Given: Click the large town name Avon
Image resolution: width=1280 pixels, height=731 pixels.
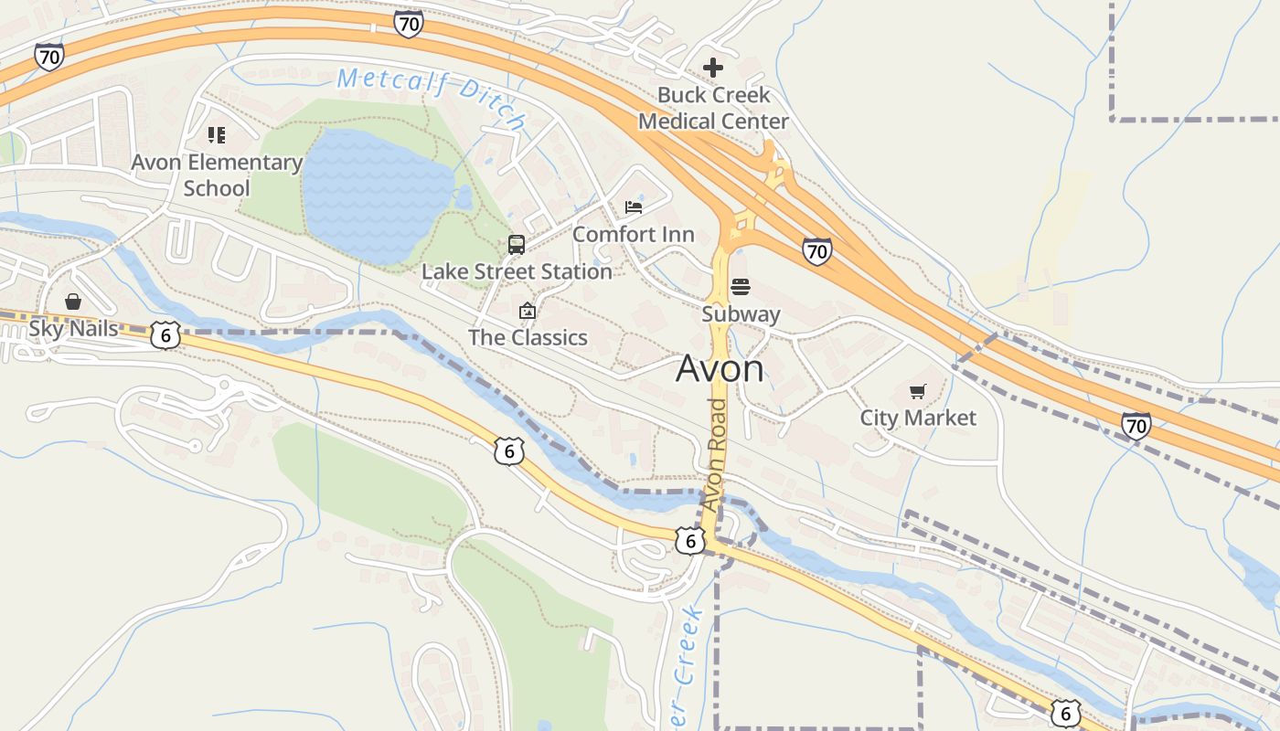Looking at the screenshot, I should click(x=720, y=368).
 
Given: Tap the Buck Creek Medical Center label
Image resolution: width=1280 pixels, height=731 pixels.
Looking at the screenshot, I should click(x=713, y=108).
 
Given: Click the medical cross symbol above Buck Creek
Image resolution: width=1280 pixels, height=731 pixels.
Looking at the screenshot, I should click(x=713, y=68).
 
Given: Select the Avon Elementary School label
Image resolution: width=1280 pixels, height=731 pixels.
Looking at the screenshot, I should click(x=217, y=175).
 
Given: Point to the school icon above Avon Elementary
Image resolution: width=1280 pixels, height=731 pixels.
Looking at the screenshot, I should click(x=217, y=135).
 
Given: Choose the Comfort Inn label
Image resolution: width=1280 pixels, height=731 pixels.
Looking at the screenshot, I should click(x=634, y=235).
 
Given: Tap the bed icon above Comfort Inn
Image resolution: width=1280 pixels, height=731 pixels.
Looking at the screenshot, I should click(x=634, y=207).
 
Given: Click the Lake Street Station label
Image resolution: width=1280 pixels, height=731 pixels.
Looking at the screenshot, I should click(x=517, y=271).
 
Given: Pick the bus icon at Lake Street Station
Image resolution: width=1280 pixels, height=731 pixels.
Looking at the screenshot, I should click(x=517, y=244).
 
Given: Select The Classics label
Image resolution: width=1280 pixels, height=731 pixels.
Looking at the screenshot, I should click(x=528, y=337).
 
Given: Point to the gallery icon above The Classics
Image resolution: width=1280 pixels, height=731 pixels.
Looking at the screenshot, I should click(x=528, y=311).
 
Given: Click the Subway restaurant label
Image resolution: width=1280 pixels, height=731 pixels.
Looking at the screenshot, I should click(x=741, y=314).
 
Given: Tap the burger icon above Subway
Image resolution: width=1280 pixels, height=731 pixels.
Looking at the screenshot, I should click(x=741, y=288).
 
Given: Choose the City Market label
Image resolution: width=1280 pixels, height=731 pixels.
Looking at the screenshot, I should click(x=918, y=418).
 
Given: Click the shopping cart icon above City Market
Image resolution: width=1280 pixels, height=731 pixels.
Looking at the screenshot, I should click(x=918, y=391).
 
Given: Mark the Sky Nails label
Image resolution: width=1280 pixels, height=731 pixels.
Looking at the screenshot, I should click(x=74, y=328).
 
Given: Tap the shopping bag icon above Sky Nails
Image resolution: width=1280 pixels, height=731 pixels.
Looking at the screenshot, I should click(x=73, y=302).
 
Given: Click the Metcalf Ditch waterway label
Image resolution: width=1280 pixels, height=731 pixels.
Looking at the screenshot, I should click(x=432, y=95).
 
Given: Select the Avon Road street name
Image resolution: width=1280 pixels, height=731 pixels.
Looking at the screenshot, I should click(x=715, y=454).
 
